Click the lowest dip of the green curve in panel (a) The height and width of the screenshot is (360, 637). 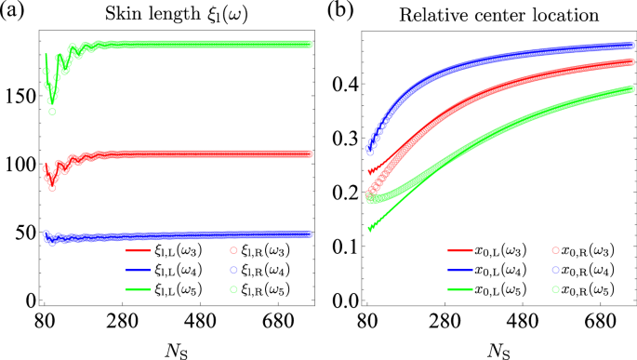[x=52, y=102]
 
